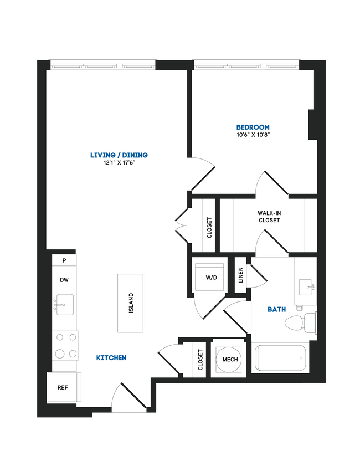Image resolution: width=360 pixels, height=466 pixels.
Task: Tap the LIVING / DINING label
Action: pos(119,155)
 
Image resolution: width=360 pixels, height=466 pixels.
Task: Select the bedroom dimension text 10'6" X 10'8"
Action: pos(252,135)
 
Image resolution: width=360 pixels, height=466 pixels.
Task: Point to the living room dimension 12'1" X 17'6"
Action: pos(119,163)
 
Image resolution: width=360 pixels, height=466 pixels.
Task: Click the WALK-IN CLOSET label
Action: pos(269,217)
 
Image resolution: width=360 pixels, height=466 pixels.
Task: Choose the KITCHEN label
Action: pos(111,358)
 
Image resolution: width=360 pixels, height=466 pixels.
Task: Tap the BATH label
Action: pos(276,309)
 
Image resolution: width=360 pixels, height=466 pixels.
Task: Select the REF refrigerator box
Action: pos(63,387)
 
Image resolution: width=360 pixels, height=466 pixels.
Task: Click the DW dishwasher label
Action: pos(64,280)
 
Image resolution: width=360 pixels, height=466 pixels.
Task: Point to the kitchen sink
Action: pos(64,304)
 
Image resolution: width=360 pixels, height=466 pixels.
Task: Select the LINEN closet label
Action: pos(241,275)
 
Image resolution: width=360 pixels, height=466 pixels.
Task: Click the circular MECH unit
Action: pos(230,359)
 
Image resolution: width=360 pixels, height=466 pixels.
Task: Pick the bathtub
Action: pos(280,358)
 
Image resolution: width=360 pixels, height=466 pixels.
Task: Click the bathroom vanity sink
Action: pos(305,288)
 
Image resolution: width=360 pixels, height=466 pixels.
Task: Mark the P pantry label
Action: pos(64,260)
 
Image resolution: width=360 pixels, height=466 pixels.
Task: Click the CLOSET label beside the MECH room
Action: pos(200,360)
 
